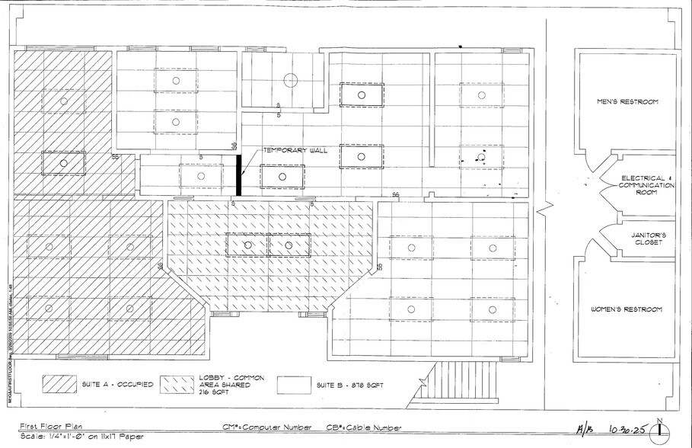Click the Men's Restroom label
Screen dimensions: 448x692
click(x=626, y=101)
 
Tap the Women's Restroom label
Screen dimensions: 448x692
click(x=627, y=309)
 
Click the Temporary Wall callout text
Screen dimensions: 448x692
click(x=295, y=150)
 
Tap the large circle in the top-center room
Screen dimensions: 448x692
click(x=289, y=79)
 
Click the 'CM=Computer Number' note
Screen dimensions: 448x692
click(x=267, y=428)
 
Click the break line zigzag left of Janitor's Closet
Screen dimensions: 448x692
click(x=542, y=208)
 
